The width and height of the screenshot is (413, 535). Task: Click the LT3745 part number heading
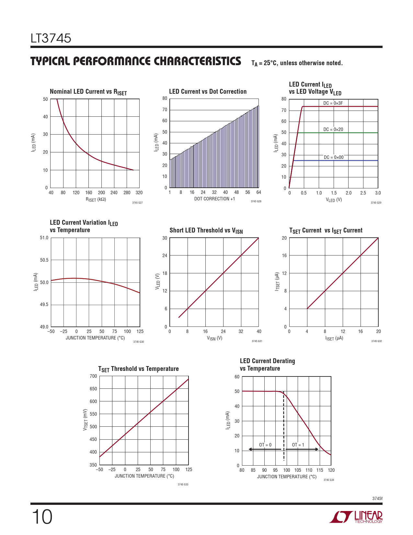(x=51, y=38)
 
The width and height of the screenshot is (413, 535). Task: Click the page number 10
(x=42, y=517)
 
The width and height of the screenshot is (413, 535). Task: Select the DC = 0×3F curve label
(x=333, y=103)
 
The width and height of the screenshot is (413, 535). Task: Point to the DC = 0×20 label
(x=333, y=129)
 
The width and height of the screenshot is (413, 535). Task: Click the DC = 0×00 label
(x=334, y=157)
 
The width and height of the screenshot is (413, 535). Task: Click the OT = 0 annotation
(x=265, y=445)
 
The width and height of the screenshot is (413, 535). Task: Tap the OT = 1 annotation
(x=298, y=445)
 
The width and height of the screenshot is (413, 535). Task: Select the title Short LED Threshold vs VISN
(x=206, y=231)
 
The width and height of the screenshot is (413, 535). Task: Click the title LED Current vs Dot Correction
(x=208, y=91)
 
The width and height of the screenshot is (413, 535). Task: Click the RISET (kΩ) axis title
(x=96, y=199)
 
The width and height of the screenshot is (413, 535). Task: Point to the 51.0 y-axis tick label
(x=44, y=238)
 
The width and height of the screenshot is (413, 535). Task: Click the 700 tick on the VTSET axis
(x=93, y=376)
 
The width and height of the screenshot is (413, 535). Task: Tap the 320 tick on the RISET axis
(x=139, y=193)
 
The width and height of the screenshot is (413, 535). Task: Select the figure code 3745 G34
(x=329, y=480)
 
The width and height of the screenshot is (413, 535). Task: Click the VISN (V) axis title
(x=214, y=338)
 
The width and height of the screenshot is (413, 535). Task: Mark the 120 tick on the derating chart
(x=331, y=470)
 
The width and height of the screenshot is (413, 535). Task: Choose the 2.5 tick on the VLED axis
(x=363, y=193)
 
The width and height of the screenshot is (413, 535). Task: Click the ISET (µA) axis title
(x=334, y=338)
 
